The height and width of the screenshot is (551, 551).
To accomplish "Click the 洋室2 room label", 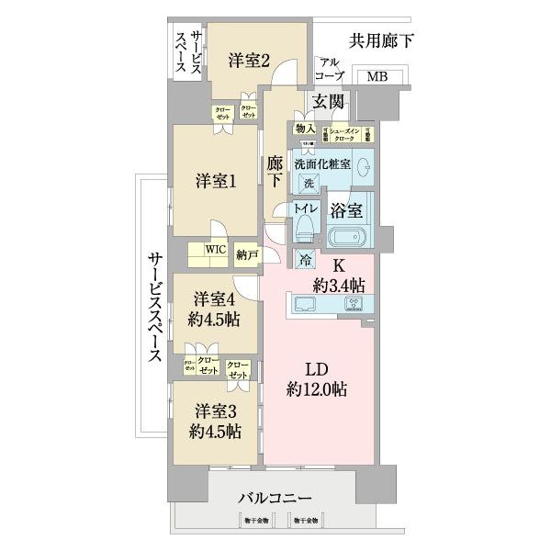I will (x=248, y=62).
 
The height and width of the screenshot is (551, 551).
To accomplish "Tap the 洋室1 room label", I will (x=216, y=182).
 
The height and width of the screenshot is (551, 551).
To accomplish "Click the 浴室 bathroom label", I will (x=354, y=209).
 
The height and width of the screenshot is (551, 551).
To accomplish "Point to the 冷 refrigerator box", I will (x=305, y=259).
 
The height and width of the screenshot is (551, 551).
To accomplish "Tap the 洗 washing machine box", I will (x=309, y=183).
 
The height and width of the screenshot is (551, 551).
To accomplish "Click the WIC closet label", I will (x=214, y=248).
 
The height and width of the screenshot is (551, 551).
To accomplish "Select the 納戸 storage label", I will (x=246, y=253).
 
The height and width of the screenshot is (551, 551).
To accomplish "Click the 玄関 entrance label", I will (x=328, y=101).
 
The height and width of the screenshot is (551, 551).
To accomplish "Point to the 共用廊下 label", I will (x=381, y=40).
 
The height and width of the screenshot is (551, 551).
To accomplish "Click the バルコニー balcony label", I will (x=275, y=498).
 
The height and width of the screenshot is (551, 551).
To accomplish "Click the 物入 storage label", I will (x=306, y=129).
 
